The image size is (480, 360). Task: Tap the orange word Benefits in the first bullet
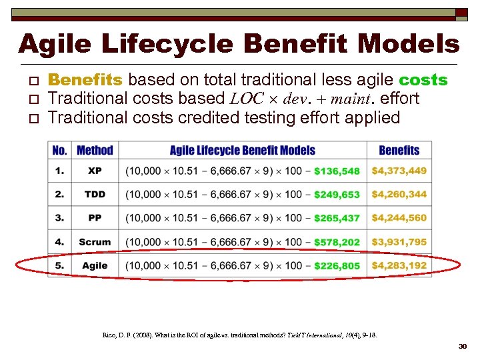[x=85, y=80]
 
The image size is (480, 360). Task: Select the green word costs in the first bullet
[x=423, y=80]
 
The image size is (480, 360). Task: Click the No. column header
[x=60, y=150]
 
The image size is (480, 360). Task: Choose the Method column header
[x=95, y=150]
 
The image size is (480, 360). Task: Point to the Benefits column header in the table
[x=399, y=150]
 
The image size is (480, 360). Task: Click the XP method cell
[x=95, y=171]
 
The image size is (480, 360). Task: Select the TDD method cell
[x=95, y=195]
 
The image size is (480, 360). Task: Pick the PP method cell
[x=95, y=218]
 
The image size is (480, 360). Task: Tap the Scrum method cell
[x=95, y=242]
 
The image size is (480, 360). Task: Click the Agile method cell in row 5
[x=95, y=265]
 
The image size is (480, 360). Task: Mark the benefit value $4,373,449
[x=399, y=171]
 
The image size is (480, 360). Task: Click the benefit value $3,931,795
[x=399, y=242]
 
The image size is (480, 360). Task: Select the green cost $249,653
[x=337, y=195]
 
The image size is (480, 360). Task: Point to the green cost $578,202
[x=337, y=242]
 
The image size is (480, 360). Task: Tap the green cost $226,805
[x=337, y=266]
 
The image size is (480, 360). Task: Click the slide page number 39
[x=462, y=347]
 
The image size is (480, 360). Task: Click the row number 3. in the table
[x=60, y=218]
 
